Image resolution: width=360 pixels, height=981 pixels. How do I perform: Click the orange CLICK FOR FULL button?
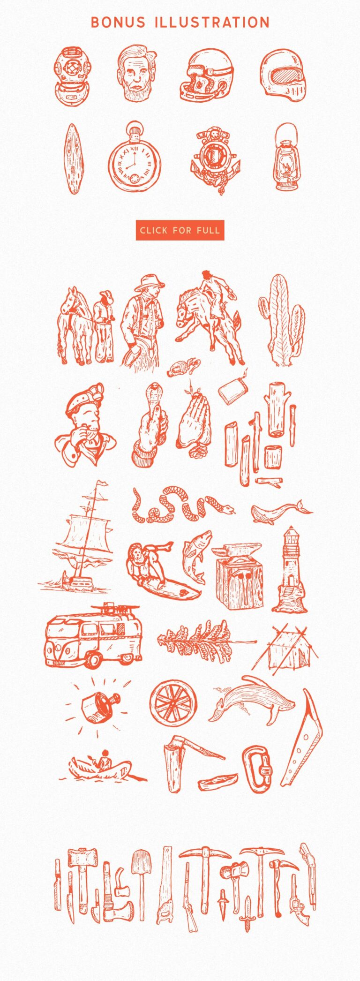point(180,230)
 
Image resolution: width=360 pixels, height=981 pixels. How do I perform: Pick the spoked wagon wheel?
point(173,702)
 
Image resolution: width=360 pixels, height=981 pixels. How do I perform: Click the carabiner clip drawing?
point(258,769)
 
